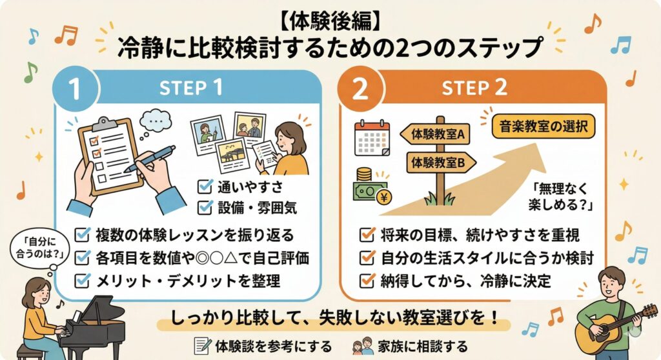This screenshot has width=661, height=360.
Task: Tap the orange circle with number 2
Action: click(360, 90)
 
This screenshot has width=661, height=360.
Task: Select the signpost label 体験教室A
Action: click(435, 135)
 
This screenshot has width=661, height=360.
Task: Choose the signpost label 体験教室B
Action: click(438, 162)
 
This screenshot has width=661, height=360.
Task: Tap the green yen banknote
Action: click(369, 192)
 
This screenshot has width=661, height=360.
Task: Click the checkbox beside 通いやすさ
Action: click(206, 187)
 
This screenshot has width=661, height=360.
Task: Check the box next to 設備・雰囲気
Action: click(206, 208)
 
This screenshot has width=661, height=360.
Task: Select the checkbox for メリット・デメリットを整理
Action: click(83, 280)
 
